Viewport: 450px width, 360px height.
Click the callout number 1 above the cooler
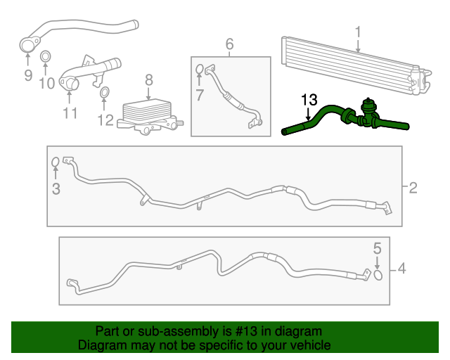click(x=358, y=32)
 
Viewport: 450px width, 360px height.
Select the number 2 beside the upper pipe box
click(x=413, y=187)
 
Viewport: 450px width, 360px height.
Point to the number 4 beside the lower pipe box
click(x=401, y=268)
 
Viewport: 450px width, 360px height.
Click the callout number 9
click(x=28, y=75)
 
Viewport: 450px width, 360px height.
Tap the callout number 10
click(x=46, y=84)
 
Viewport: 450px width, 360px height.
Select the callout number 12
click(x=105, y=120)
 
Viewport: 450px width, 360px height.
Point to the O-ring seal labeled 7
click(x=199, y=70)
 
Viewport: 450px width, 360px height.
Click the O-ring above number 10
click(x=46, y=57)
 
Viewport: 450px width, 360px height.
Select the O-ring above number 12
click(x=104, y=92)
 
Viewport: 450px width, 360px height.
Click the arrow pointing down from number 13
click(x=307, y=114)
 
